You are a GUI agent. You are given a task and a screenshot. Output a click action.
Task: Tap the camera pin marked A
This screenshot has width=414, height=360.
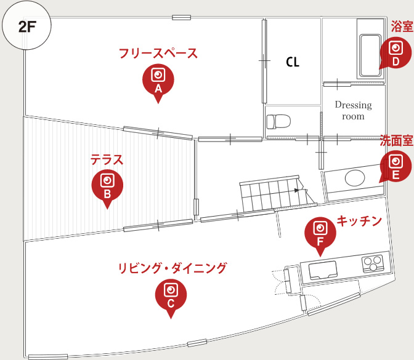pos(158,79)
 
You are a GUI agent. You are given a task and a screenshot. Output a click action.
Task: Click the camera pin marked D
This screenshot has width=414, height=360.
pos(396,53)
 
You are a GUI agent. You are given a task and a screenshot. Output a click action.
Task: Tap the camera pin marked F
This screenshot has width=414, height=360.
pos(320,233)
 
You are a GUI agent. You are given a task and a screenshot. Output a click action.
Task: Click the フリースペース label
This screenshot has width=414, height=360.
pos(158,54)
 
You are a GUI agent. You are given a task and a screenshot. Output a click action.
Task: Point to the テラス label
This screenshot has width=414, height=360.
pos(107,161)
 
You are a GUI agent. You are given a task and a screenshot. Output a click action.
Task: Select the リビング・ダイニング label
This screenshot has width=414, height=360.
pos(172,268)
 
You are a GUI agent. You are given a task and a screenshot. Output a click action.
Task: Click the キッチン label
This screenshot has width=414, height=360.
pos(360,222)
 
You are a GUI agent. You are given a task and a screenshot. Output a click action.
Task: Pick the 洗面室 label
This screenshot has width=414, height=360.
pos(396,140)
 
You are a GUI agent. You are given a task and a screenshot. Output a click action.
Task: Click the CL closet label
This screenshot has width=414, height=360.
pos(292,62)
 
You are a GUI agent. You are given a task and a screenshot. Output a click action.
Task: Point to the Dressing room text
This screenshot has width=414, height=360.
pos(353,110)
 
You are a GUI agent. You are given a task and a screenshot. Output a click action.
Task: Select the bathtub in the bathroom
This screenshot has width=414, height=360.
pos(370,52)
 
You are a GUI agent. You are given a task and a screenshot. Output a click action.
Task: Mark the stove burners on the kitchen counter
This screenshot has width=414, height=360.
pos(372,263)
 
